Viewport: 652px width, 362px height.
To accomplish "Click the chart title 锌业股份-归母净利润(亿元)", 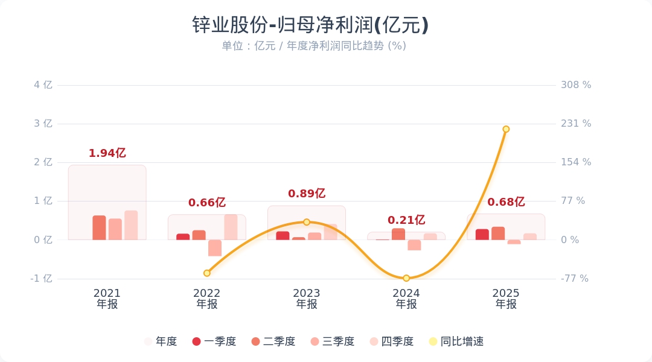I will point(310,25).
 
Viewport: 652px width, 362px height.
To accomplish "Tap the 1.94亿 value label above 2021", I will point(107,153).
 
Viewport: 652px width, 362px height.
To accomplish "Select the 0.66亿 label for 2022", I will point(206,203).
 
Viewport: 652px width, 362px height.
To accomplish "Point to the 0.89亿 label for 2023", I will point(306,194).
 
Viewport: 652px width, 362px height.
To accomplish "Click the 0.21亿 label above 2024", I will point(406,220).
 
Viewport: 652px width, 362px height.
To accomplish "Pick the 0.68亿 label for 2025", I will point(506,202).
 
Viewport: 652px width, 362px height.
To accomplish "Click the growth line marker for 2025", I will point(506,129).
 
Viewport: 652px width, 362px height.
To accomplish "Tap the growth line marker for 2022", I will point(206,273).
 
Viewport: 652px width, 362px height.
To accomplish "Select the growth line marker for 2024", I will point(406,278).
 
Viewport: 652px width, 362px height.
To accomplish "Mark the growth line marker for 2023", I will point(306,222).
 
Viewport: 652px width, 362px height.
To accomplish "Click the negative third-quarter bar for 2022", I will point(215,248).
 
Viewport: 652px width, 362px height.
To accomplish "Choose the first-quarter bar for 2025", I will point(482,235).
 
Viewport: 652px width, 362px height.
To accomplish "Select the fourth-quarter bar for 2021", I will point(131,225).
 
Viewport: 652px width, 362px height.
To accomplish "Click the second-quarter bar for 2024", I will point(398,234).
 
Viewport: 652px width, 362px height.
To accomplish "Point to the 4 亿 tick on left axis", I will point(43,85).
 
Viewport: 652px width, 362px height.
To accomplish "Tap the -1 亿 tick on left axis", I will point(41,279).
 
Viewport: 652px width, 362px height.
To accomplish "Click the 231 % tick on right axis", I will point(576,124).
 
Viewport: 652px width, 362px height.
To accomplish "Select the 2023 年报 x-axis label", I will point(306,299).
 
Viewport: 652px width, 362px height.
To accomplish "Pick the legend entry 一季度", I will point(214,341).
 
